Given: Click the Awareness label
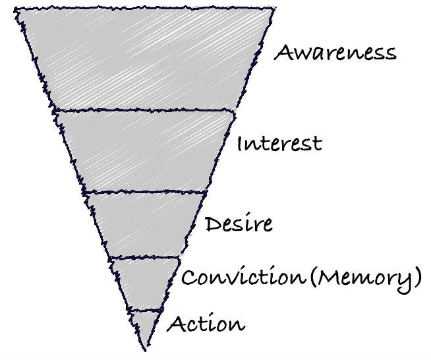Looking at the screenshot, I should (x=335, y=53).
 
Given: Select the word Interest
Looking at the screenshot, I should (x=279, y=143).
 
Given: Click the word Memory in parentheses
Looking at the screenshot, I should (x=366, y=278).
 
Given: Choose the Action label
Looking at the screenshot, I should (x=206, y=324).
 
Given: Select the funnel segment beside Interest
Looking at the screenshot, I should (x=145, y=150).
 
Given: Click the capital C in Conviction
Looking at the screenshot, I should (x=188, y=278).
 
